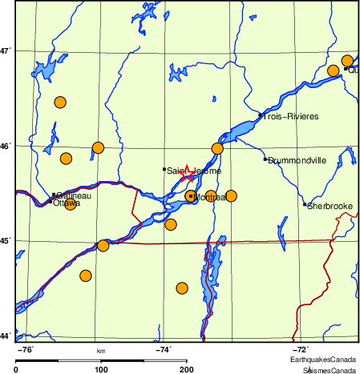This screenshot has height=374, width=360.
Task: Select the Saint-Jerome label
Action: point(193,171)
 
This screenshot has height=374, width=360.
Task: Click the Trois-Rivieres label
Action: point(291,117)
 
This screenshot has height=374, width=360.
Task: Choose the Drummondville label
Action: point(297,160)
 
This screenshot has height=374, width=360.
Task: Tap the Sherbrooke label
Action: point(331,206)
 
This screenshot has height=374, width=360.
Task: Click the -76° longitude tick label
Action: point(26,349)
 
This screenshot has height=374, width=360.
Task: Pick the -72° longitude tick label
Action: point(300,349)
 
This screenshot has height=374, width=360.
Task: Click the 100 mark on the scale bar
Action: point(101,370)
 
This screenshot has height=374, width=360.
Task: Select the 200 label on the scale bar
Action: point(187,370)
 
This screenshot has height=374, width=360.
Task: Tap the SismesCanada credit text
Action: point(329,371)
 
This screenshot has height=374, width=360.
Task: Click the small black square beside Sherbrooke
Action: point(305,204)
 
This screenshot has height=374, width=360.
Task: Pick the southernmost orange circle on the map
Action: point(182,288)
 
